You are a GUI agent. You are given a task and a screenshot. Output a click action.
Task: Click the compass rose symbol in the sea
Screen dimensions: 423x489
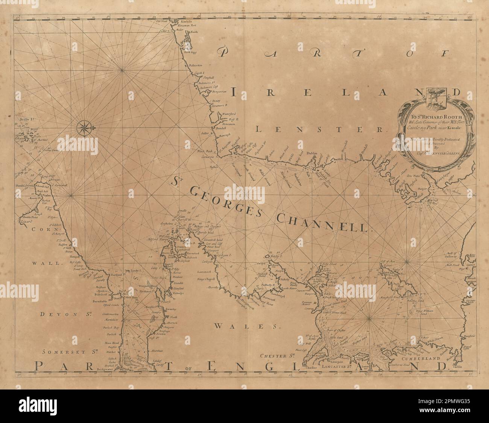click(82, 128)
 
